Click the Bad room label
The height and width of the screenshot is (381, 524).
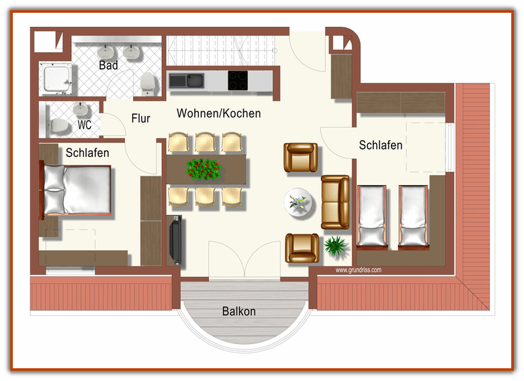pyautogui.click(x=108, y=65)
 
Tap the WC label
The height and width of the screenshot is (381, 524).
pyautogui.click(x=85, y=125)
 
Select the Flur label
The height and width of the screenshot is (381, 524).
pyautogui.click(x=140, y=119)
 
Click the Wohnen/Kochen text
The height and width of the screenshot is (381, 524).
pyautogui.click(x=218, y=113)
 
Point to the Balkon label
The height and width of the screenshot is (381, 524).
pyautogui.click(x=239, y=311)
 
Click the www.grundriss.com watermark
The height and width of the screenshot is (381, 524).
pyautogui.click(x=358, y=270)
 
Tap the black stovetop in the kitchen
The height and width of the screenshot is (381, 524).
pyautogui.click(x=238, y=80)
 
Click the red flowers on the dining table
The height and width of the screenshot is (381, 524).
pyautogui.click(x=204, y=169)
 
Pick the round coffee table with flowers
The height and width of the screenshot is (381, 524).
pyautogui.click(x=298, y=202)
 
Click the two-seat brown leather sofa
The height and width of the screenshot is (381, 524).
pyautogui.click(x=335, y=202)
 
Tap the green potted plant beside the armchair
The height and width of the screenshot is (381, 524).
pyautogui.click(x=335, y=246)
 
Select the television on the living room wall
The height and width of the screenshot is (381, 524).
pyautogui.click(x=176, y=239)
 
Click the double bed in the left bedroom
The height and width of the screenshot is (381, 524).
pyautogui.click(x=75, y=190)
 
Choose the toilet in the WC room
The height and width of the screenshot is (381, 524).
pyautogui.click(x=59, y=125)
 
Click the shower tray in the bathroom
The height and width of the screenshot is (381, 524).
pyautogui.click(x=56, y=79)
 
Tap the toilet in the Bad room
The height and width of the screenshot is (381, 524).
pyautogui.click(x=147, y=83)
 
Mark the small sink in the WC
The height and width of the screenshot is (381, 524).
pyautogui.click(x=80, y=109)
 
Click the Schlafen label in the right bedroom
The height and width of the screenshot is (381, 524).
pyautogui.click(x=381, y=145)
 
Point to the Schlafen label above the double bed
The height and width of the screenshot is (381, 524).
pyautogui.click(x=87, y=153)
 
